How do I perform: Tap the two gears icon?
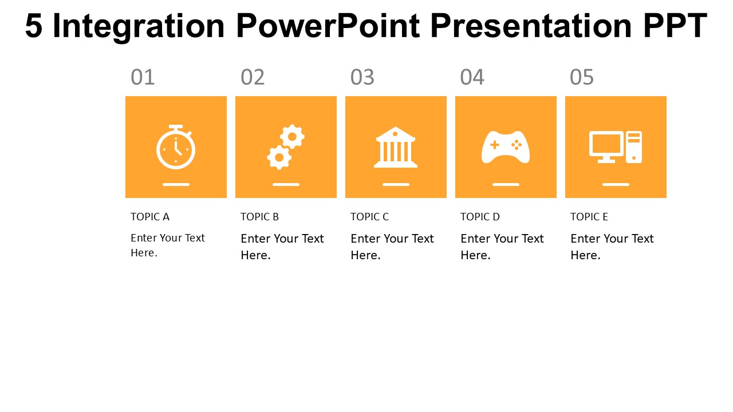click(x=286, y=147)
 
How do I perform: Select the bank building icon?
click(x=396, y=147)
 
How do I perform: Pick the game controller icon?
click(x=506, y=147)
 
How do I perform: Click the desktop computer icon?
click(x=616, y=147)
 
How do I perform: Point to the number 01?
click(x=143, y=77)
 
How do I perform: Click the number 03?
click(x=362, y=77)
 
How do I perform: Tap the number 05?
click(x=582, y=77)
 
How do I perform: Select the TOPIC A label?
click(x=150, y=216)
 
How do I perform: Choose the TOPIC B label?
click(x=259, y=216)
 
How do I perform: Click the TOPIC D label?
click(x=480, y=216)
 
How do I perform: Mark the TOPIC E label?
click(x=589, y=216)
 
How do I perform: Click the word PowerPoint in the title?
click(x=328, y=26)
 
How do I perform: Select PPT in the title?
click(x=675, y=26)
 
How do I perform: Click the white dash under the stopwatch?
click(x=176, y=184)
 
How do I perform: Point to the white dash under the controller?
click(x=506, y=184)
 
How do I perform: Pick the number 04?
click(x=472, y=77)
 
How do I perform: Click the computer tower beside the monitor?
click(x=634, y=147)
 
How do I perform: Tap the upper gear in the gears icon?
click(x=292, y=136)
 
